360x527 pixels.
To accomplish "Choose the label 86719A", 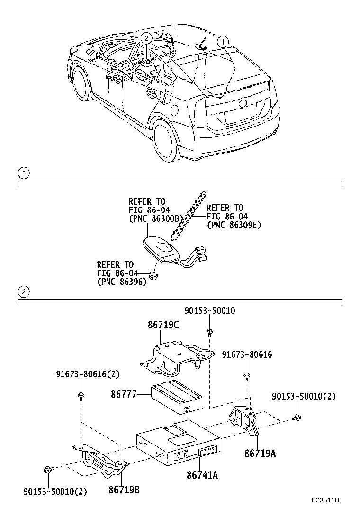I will tap(260, 453).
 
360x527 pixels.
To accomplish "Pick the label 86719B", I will tap(124, 490).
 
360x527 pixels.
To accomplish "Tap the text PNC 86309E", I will tap(234, 226).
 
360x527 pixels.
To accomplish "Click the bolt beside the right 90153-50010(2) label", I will tap(297, 418).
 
